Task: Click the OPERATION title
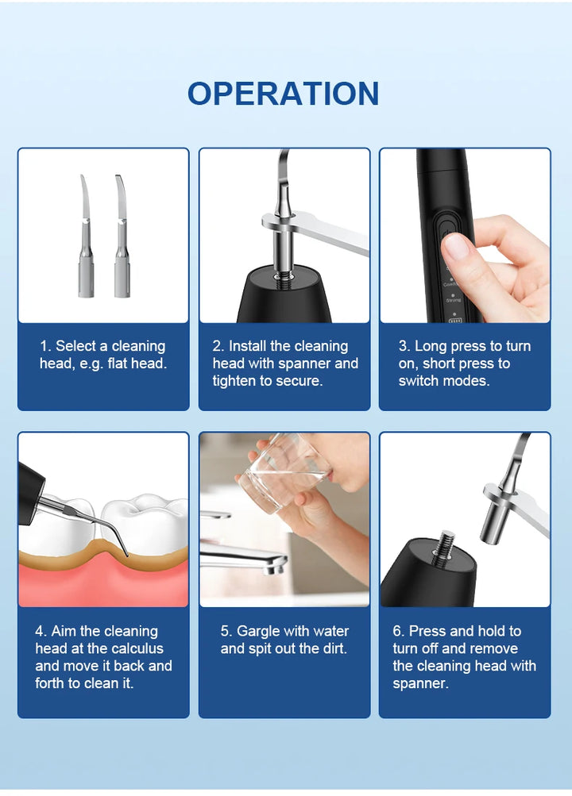[x=283, y=94]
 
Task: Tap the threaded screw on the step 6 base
[x=447, y=543]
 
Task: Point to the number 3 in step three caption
[x=402, y=346]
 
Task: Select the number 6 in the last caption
[x=396, y=631]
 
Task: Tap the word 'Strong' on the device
[x=453, y=301]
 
